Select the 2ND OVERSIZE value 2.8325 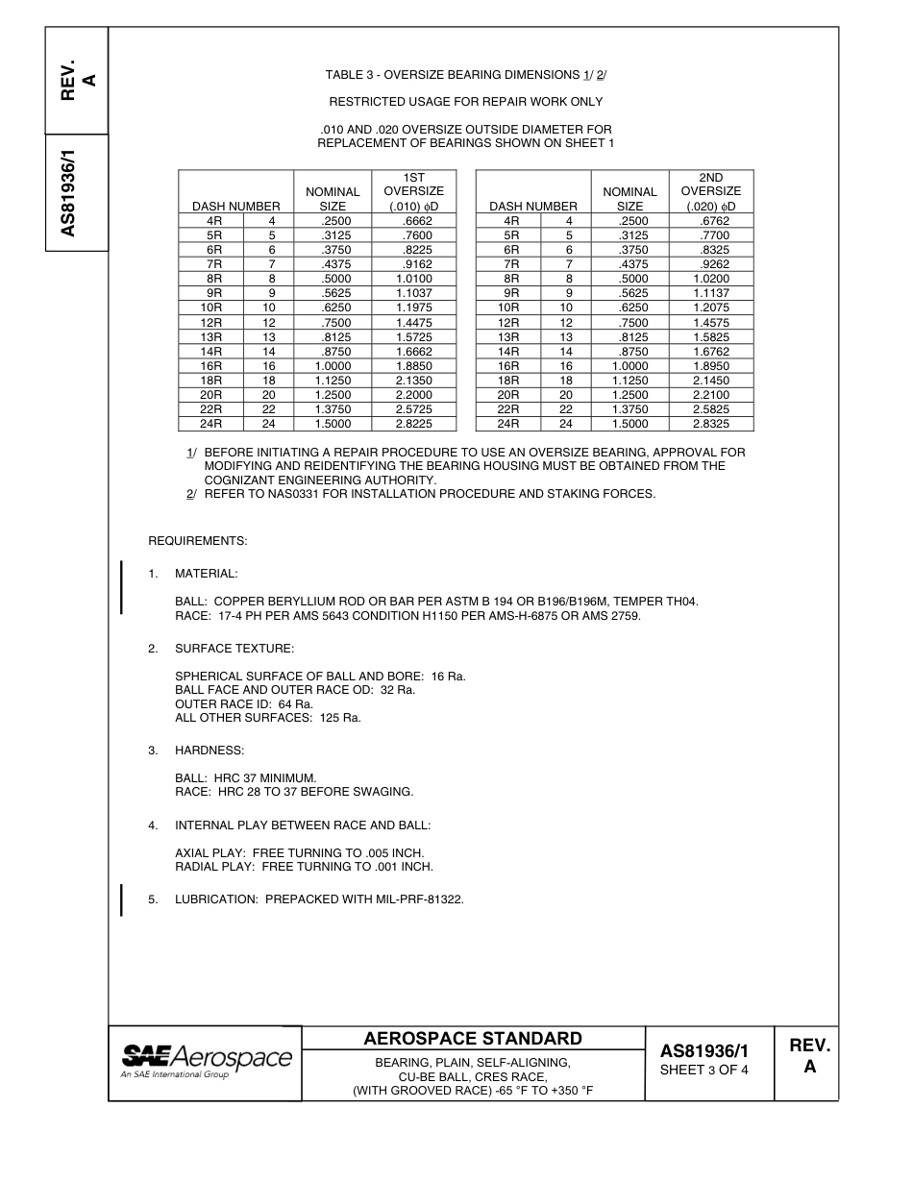point(711,424)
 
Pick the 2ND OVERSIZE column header point(711,192)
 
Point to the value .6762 point(711,221)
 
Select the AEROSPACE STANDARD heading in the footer point(473,1039)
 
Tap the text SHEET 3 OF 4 point(703,1071)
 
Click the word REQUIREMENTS point(197,541)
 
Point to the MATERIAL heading point(206,574)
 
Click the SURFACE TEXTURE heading point(234,649)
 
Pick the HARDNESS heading point(210,750)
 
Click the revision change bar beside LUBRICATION point(121,900)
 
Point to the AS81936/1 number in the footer point(703,1051)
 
